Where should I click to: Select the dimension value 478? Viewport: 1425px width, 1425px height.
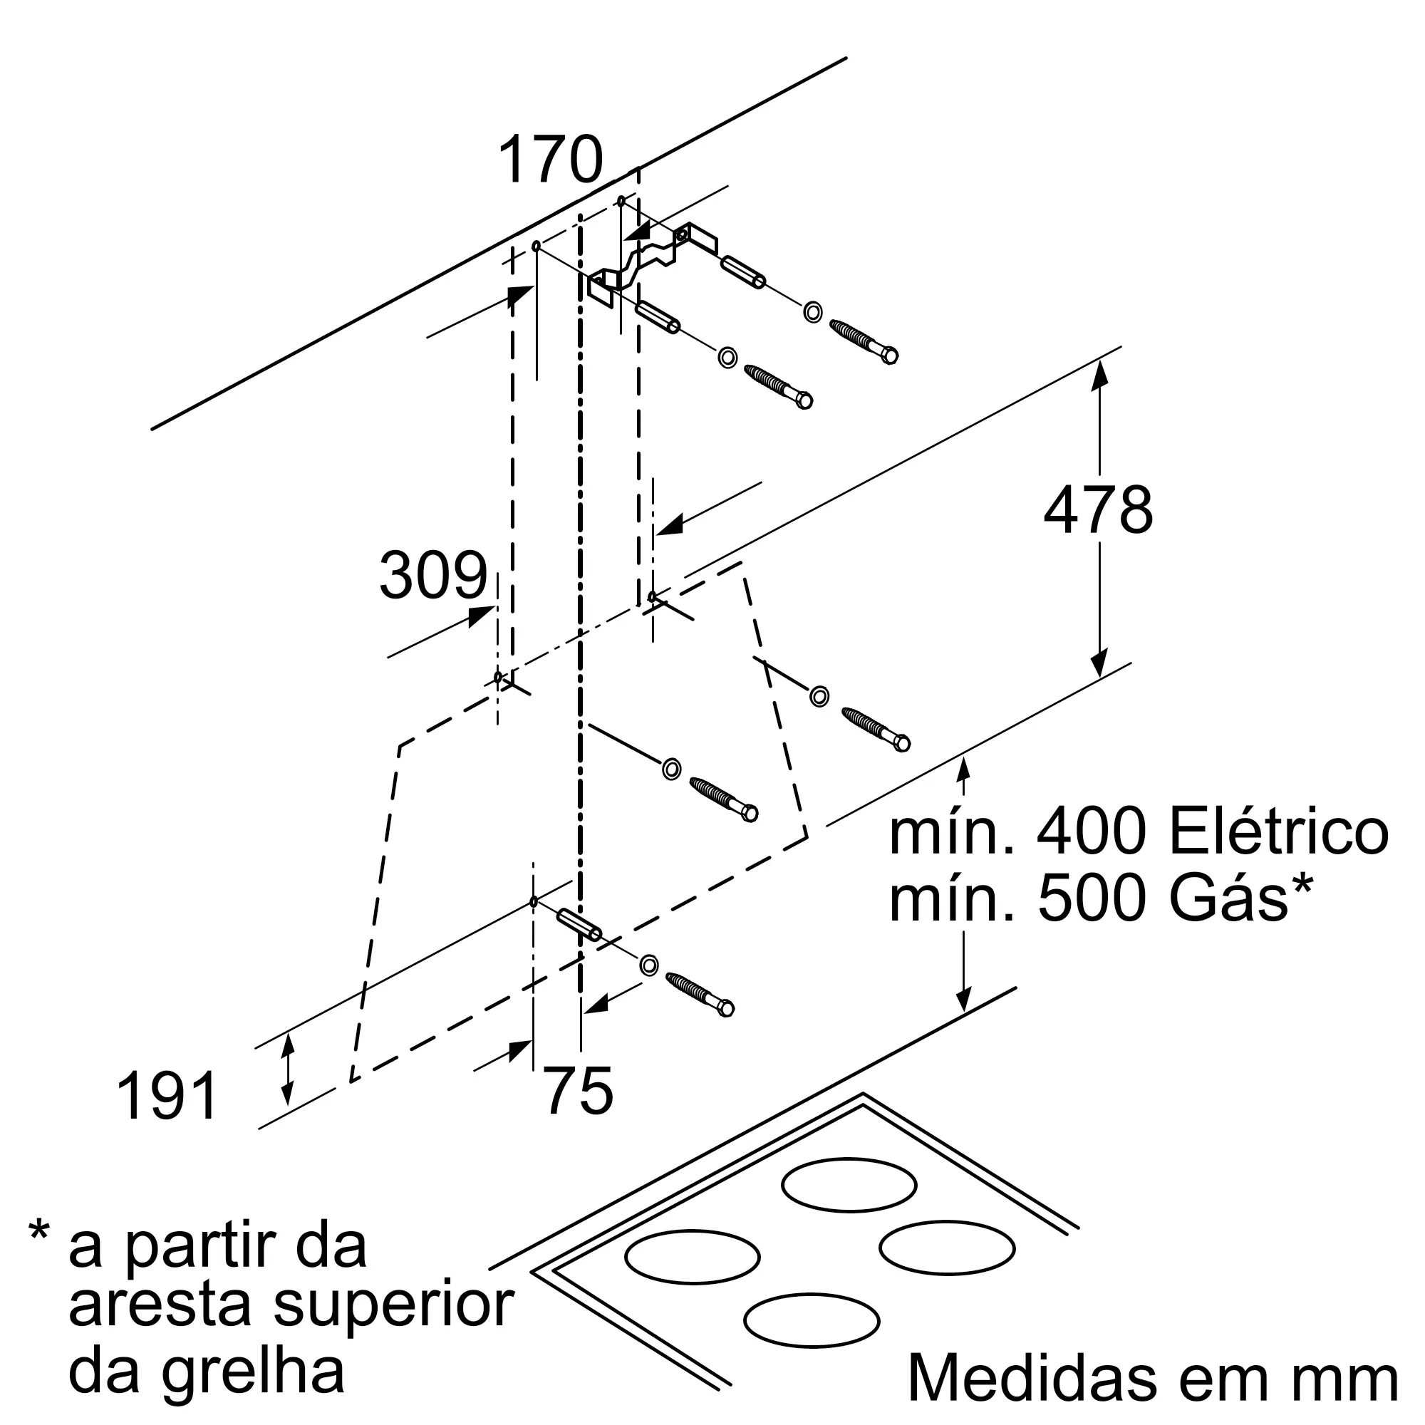tap(1098, 509)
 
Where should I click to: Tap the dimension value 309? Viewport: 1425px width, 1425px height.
tap(434, 575)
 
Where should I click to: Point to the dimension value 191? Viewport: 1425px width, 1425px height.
tap(167, 1097)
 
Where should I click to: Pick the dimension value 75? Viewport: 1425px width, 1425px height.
tap(579, 1092)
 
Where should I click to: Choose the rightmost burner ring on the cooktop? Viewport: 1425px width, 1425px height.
tap(947, 1249)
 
